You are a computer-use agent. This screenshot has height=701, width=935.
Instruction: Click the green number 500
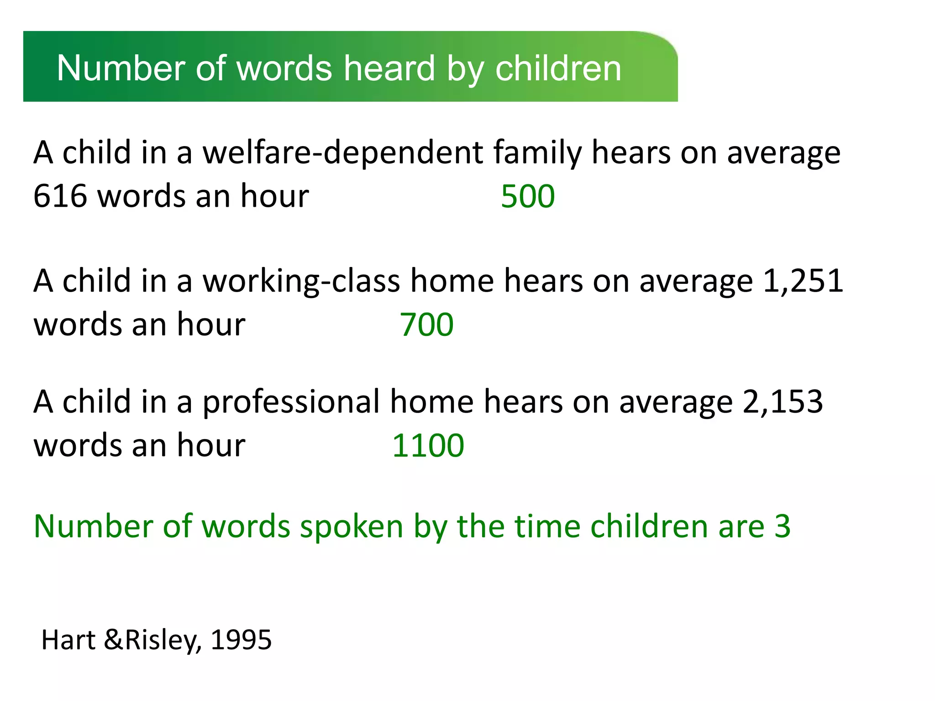click(528, 197)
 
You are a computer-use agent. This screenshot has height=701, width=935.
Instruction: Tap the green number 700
click(426, 325)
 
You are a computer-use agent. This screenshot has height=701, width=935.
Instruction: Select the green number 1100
click(428, 445)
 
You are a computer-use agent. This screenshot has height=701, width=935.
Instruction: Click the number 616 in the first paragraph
click(60, 197)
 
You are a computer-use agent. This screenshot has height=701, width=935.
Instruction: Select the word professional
click(291, 402)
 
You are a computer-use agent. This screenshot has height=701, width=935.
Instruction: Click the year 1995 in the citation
click(241, 640)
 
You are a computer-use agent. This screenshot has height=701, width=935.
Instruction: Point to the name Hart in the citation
click(68, 640)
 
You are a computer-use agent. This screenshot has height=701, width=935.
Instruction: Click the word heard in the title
click(389, 68)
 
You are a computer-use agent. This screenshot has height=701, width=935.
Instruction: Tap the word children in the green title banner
click(558, 68)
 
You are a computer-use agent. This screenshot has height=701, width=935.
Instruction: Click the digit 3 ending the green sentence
click(783, 527)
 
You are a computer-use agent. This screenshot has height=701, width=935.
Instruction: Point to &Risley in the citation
click(153, 640)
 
